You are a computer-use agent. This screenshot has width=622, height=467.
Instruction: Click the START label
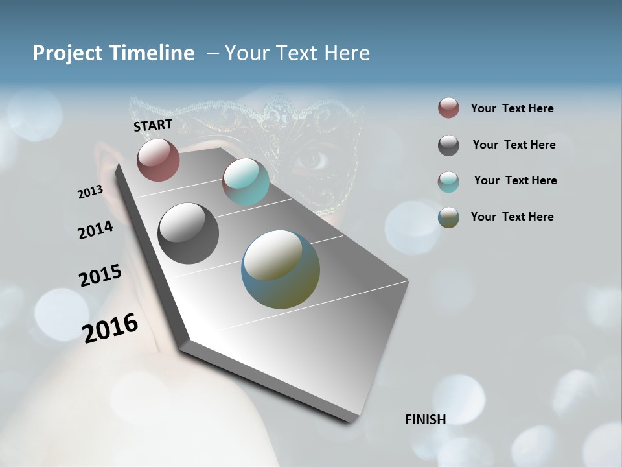coord(153,125)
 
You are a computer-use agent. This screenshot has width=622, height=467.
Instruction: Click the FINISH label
coord(425,420)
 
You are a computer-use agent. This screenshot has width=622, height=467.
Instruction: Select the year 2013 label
coord(90,192)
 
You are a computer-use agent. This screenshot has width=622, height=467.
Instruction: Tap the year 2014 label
coord(95,230)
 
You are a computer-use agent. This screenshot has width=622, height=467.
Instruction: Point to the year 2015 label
coord(100,276)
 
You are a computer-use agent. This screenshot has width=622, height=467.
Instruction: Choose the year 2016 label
coord(110,328)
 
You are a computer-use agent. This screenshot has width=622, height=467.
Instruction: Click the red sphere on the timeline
coord(158,160)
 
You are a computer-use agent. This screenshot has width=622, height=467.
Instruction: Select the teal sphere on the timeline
coord(246,182)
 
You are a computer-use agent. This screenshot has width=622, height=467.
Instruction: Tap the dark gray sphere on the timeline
coord(188,233)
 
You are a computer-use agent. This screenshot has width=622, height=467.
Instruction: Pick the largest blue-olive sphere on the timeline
coord(280,269)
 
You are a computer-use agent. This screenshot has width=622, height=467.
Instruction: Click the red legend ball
coord(448,108)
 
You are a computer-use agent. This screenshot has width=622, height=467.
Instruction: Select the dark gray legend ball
coord(448,145)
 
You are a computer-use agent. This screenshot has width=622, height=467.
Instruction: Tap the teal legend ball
coord(448,182)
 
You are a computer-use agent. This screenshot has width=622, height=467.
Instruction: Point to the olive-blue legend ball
coord(448,217)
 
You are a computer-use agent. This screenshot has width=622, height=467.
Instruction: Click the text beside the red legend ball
coord(512,109)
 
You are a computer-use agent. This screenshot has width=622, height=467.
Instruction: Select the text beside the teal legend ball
coord(515,180)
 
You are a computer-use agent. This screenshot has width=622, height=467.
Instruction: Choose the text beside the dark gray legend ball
coord(514,145)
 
